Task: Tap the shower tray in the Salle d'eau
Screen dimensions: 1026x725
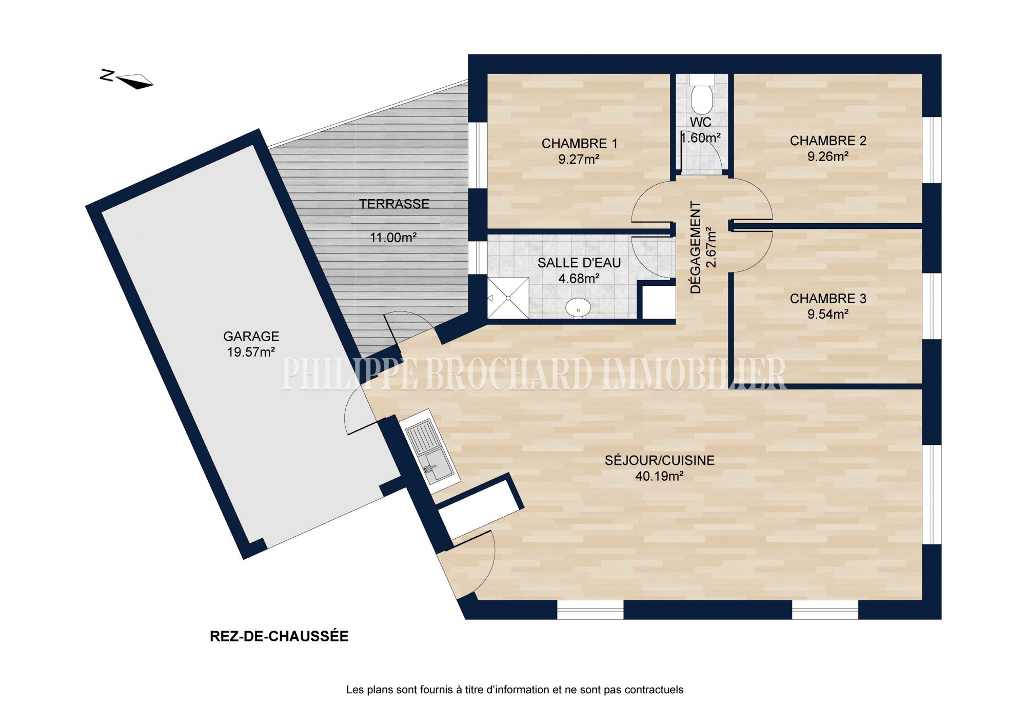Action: [508, 298]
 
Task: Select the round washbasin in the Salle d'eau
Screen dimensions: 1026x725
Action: [578, 308]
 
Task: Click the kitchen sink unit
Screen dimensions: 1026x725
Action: [430, 452]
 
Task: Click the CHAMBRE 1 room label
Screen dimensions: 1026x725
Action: [579, 144]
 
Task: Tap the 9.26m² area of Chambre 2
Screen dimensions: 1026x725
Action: [827, 156]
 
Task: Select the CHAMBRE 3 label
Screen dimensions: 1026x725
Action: [828, 299]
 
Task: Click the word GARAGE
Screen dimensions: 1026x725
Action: [251, 337]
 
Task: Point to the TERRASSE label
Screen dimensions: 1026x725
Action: [394, 204]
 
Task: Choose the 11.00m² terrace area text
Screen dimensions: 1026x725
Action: [393, 238]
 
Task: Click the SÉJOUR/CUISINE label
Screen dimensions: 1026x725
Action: [659, 460]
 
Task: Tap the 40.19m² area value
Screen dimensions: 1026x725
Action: [659, 476]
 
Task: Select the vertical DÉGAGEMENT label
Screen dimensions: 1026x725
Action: [696, 247]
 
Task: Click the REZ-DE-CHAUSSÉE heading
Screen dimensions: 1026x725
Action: [279, 636]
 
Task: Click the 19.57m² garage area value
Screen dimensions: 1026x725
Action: [251, 352]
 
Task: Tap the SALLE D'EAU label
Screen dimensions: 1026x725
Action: [579, 263]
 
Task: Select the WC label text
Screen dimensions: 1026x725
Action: [701, 122]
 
